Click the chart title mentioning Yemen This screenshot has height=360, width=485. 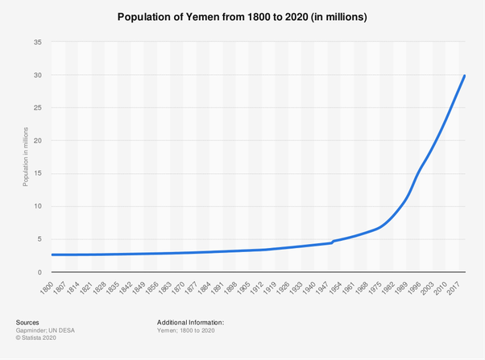click(x=242, y=17)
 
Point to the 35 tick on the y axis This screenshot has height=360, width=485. click(x=37, y=42)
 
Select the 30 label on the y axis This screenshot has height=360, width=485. click(x=37, y=75)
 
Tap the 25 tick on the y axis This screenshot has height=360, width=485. click(x=37, y=108)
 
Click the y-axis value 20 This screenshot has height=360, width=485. click(x=37, y=141)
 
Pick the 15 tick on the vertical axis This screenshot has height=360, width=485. click(x=37, y=174)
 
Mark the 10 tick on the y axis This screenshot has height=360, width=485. click(x=37, y=207)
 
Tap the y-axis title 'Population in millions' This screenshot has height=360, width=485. click(x=26, y=157)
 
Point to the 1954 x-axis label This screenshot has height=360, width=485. click(x=334, y=288)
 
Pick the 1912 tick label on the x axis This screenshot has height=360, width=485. click(x=256, y=288)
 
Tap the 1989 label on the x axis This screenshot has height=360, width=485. click(x=400, y=288)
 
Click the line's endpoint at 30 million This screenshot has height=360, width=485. click(x=465, y=76)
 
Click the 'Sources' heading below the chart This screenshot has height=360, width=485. click(x=27, y=322)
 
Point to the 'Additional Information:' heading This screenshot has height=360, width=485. click(x=190, y=322)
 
